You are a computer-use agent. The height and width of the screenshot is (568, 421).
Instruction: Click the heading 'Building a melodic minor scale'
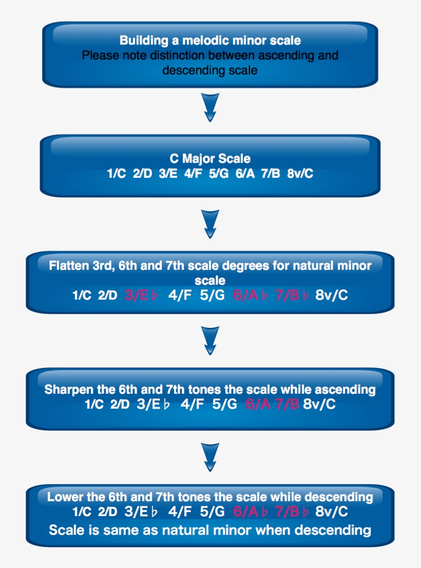[x=210, y=40]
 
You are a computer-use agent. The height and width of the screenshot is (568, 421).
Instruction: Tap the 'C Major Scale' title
[x=210, y=159]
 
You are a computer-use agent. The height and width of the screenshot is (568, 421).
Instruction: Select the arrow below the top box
[x=210, y=107]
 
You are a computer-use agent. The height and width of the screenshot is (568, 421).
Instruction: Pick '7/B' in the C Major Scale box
[x=270, y=174]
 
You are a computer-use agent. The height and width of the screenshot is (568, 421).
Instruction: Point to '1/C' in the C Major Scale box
[x=117, y=174]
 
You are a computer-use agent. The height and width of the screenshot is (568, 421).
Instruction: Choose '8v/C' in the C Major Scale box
[x=301, y=174]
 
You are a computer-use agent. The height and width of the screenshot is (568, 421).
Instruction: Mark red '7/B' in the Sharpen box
[x=286, y=404]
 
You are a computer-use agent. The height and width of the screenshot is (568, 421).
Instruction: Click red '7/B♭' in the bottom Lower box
[x=292, y=511]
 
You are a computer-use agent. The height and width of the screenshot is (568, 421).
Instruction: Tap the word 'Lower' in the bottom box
[x=63, y=497]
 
